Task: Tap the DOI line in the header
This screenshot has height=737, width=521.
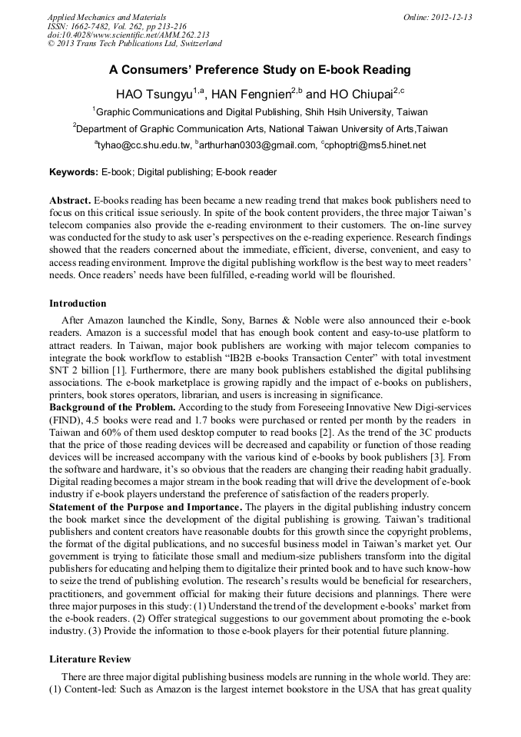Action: [x=128, y=35]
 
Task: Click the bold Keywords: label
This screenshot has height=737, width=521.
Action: [x=74, y=172]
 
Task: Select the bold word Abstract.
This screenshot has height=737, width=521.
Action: [x=70, y=200]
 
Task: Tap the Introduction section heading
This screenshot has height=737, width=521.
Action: [x=78, y=304]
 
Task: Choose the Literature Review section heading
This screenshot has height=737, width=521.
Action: [x=90, y=659]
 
